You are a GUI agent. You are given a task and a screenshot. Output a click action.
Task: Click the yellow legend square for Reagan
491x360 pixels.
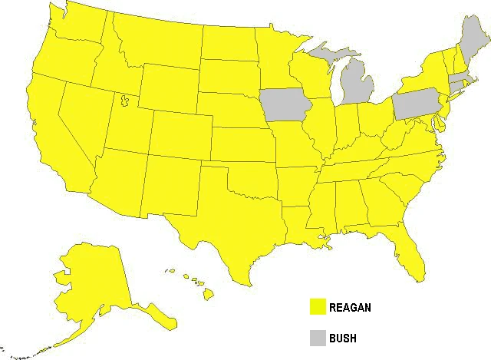(317, 307)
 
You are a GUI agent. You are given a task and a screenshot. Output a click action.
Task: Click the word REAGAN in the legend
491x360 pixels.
(351, 308)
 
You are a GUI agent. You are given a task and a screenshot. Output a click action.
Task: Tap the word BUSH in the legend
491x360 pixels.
(343, 337)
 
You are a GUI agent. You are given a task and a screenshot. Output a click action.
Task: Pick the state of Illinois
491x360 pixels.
(323, 127)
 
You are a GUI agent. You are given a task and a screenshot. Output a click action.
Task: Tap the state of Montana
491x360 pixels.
(150, 42)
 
